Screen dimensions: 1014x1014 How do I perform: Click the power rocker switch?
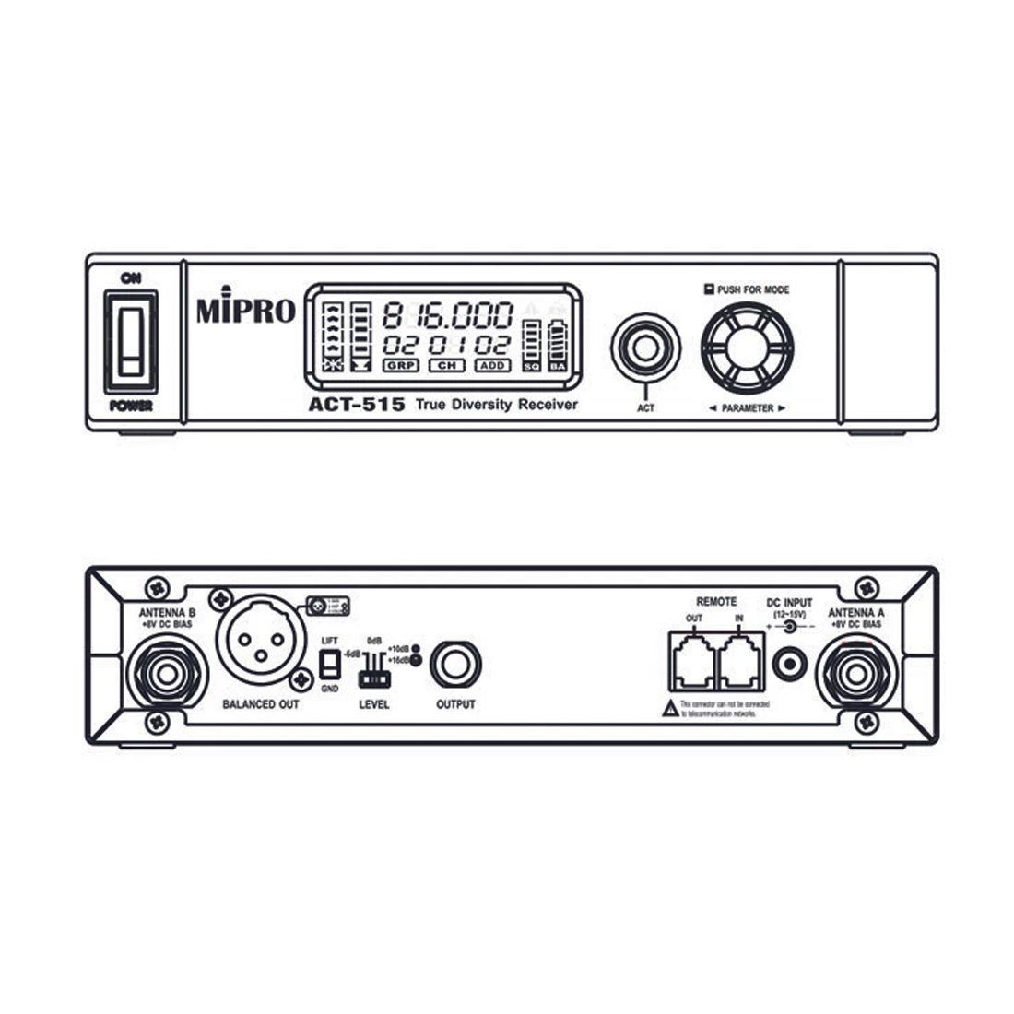point(130,341)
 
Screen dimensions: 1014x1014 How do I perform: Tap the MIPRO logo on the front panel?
point(245,311)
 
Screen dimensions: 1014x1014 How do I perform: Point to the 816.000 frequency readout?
point(448,315)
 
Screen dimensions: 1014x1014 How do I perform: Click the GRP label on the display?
point(402,366)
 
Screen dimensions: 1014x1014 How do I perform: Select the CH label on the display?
point(446,366)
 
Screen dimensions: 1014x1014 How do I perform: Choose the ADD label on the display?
point(492,366)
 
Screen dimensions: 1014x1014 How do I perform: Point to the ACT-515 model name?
point(356,404)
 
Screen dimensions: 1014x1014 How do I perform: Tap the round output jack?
point(454,662)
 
